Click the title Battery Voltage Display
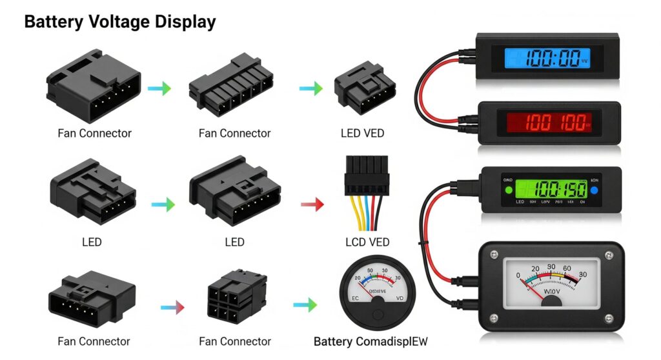click(x=119, y=21)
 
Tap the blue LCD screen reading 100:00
click(x=547, y=59)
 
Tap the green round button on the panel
click(x=508, y=190)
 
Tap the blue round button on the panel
click(x=593, y=190)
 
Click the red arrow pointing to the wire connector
click(x=312, y=205)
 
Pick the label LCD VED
click(x=367, y=242)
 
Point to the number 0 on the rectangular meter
click(x=518, y=275)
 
